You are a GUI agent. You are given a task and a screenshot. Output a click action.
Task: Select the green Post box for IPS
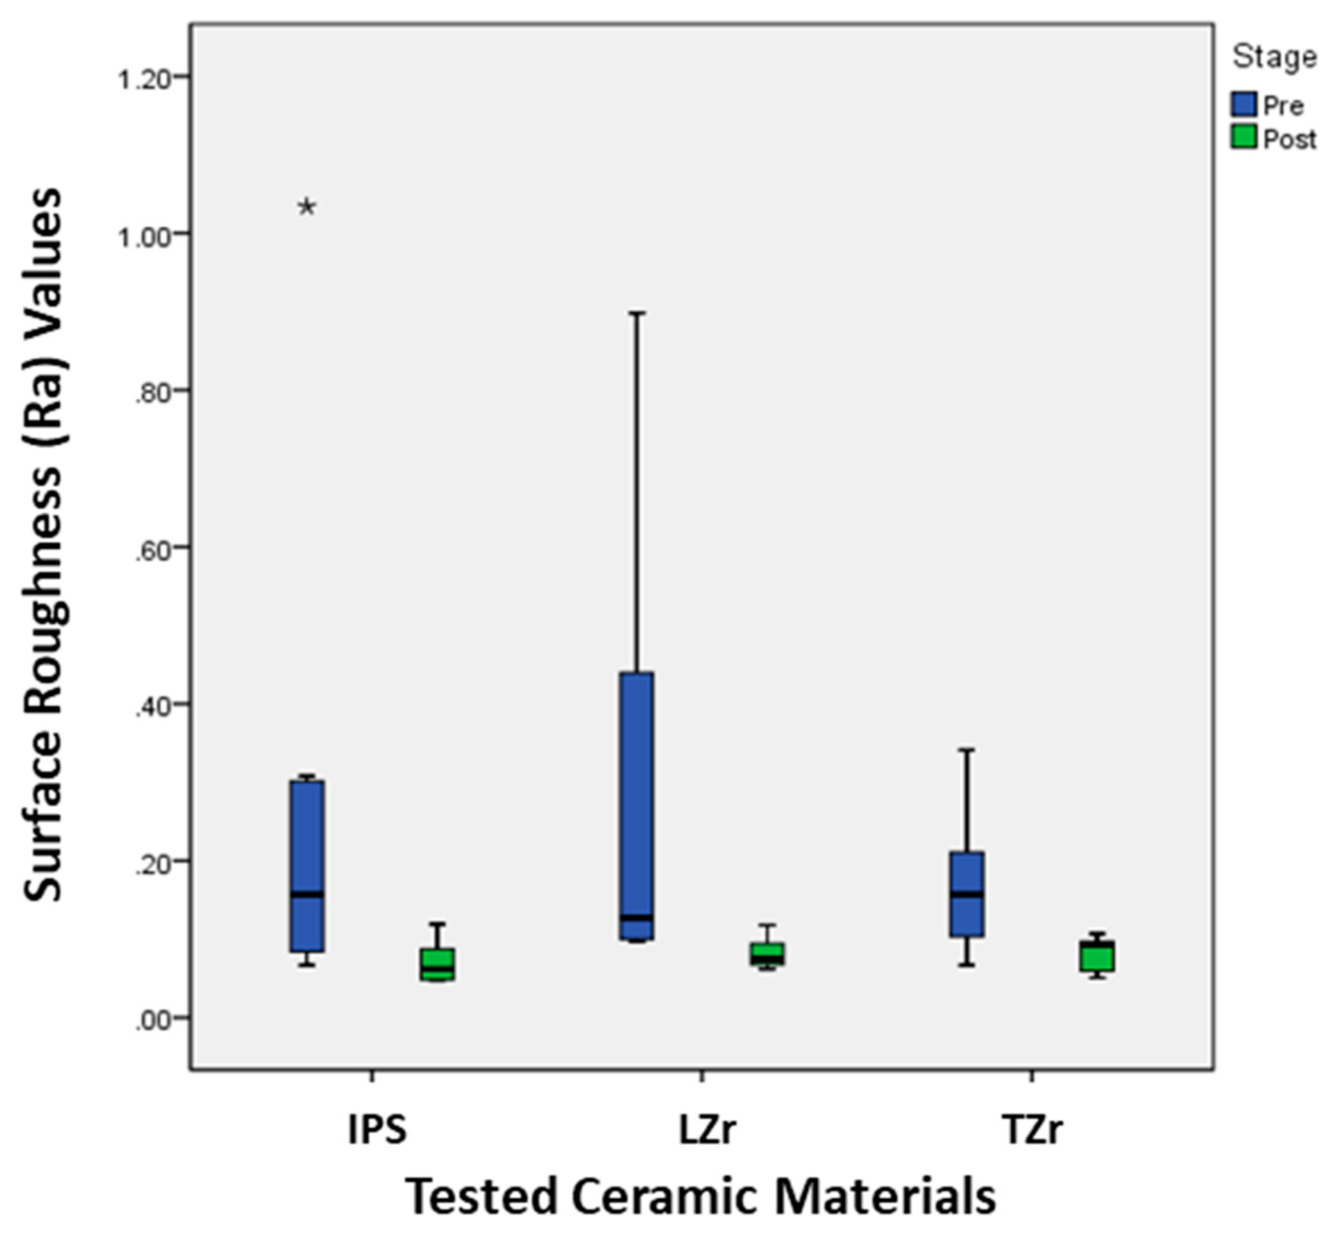(x=438, y=964)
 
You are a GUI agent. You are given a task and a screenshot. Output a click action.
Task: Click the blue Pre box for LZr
(x=637, y=806)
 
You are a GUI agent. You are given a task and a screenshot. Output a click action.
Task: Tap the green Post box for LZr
(x=768, y=954)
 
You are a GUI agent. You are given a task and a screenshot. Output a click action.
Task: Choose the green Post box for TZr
(x=1097, y=956)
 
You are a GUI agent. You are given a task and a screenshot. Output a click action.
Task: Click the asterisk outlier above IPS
(x=306, y=208)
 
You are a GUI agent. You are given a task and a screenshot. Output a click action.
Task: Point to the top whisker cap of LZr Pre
(x=637, y=312)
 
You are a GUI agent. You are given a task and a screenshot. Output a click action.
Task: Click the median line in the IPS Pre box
(x=307, y=894)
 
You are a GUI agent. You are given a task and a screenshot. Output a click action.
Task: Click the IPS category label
(x=377, y=1130)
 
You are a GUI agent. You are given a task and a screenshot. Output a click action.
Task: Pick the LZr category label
(x=708, y=1130)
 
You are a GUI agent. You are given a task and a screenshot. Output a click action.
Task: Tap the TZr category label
(x=1033, y=1130)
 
